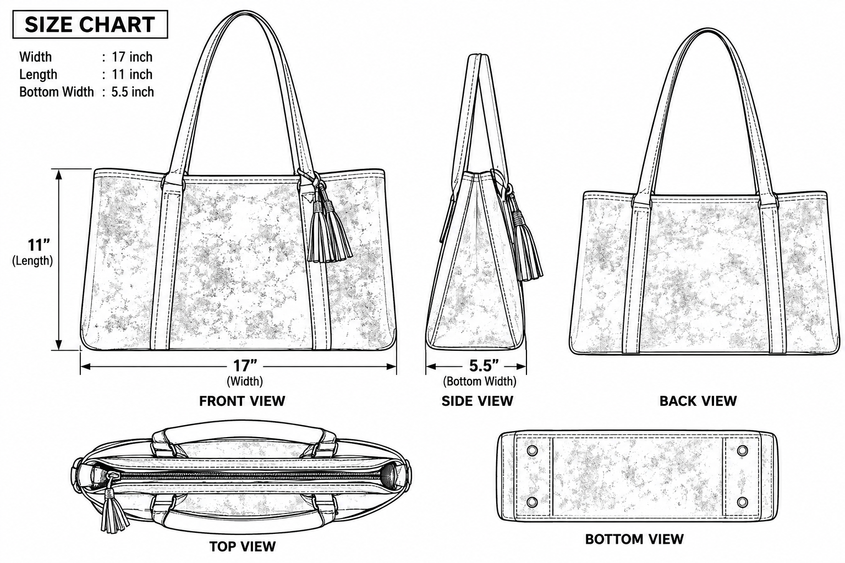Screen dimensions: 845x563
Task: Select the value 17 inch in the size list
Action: pos(132,57)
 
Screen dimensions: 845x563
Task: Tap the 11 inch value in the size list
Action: pos(132,74)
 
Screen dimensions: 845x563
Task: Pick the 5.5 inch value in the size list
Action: pos(133,92)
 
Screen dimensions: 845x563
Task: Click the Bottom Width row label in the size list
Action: pos(57,92)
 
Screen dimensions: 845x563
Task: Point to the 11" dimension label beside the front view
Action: pos(39,245)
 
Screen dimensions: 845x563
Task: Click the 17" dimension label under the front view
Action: pos(245,366)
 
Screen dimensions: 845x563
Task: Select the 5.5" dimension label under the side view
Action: pos(484,366)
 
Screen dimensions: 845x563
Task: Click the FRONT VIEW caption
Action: pos(242,401)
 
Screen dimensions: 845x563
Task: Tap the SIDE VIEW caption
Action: pos(478,401)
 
